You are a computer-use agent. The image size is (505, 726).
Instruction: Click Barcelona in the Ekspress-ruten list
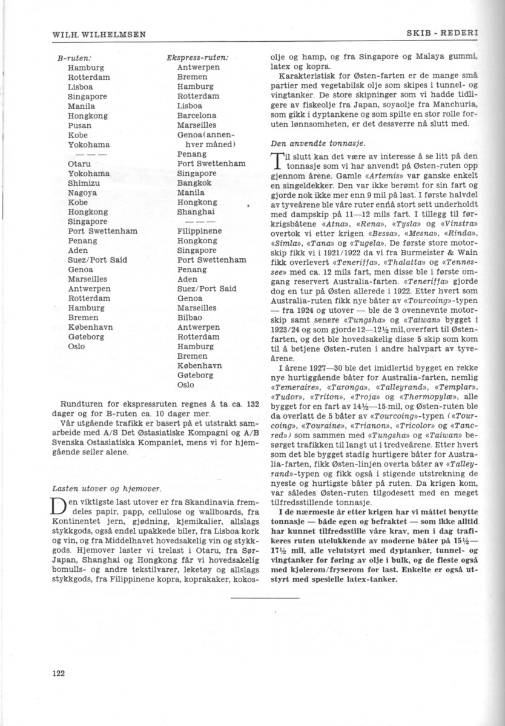click(x=197, y=116)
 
